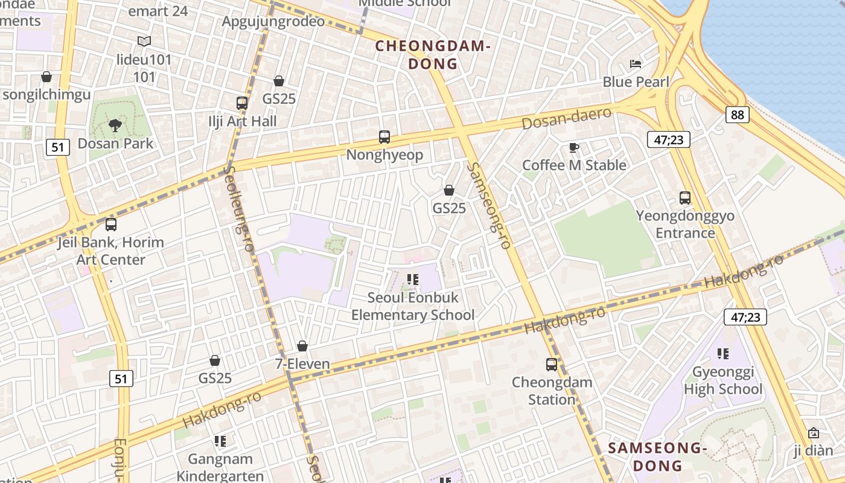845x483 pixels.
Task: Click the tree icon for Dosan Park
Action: pyautogui.click(x=115, y=126)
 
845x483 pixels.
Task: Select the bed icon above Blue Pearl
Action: pyautogui.click(x=636, y=64)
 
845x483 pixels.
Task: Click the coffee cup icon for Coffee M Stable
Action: pyautogui.click(x=574, y=147)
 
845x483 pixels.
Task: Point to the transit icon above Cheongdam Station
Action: pyautogui.click(x=552, y=365)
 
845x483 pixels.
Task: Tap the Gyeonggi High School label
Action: pyautogui.click(x=722, y=380)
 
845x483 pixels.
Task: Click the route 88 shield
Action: pyautogui.click(x=737, y=115)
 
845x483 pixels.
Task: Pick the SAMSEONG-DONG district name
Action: pyautogui.click(x=657, y=457)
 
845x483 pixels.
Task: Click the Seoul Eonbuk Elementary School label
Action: pyautogui.click(x=413, y=306)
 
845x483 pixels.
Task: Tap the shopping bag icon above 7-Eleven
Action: pyautogui.click(x=302, y=346)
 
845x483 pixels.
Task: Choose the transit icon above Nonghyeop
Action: pyautogui.click(x=384, y=137)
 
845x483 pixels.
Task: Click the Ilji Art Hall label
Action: pyautogui.click(x=243, y=121)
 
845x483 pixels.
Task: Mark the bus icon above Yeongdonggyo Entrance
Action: pyautogui.click(x=685, y=198)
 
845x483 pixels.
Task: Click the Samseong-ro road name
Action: pyautogui.click(x=489, y=205)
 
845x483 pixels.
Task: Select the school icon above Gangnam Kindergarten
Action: pyautogui.click(x=220, y=441)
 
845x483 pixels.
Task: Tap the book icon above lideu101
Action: pyautogui.click(x=144, y=42)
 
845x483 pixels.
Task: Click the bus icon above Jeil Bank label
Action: pyautogui.click(x=111, y=225)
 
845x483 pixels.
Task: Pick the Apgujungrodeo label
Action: pyautogui.click(x=273, y=22)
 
